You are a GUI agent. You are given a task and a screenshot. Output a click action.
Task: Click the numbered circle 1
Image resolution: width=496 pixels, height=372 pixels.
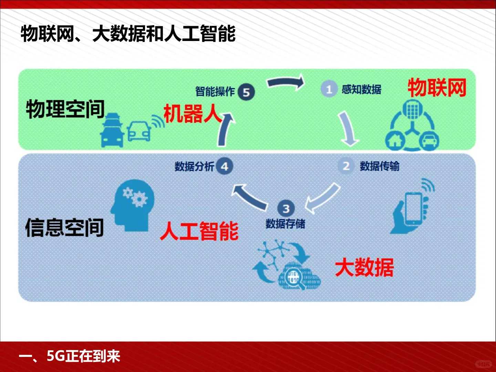329,90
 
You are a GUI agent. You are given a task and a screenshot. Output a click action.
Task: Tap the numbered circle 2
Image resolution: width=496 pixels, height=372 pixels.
346,166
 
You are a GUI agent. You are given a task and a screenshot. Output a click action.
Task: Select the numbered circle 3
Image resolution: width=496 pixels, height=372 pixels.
286,208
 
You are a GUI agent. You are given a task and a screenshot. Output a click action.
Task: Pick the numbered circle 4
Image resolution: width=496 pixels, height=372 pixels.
225,166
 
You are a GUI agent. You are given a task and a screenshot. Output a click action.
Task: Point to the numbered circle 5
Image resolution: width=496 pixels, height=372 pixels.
246,92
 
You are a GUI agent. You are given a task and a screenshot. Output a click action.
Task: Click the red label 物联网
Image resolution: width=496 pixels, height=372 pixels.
437,87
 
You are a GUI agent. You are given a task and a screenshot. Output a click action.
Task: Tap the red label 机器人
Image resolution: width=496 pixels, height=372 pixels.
192,114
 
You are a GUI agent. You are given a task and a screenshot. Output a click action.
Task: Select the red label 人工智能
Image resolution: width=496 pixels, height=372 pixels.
199,231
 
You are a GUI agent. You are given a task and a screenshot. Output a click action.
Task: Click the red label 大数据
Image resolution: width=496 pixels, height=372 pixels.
364,267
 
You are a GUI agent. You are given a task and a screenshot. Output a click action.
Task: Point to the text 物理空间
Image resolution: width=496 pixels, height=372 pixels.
65,109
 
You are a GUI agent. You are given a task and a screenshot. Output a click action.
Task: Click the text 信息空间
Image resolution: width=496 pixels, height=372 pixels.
64,227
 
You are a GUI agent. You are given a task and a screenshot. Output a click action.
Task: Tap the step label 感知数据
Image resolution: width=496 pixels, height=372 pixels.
361,90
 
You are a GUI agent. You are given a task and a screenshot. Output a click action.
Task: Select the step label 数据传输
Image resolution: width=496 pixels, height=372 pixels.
380,166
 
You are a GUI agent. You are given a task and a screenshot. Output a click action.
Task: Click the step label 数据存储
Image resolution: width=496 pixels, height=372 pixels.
285,224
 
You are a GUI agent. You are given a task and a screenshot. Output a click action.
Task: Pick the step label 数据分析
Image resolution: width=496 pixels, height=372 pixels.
194,166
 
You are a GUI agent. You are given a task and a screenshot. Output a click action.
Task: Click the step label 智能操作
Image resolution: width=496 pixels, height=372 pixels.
215,92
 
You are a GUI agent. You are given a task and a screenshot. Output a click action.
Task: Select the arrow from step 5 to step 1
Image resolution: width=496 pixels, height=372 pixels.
286,83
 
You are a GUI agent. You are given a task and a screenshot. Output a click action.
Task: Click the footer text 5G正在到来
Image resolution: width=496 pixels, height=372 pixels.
83,356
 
